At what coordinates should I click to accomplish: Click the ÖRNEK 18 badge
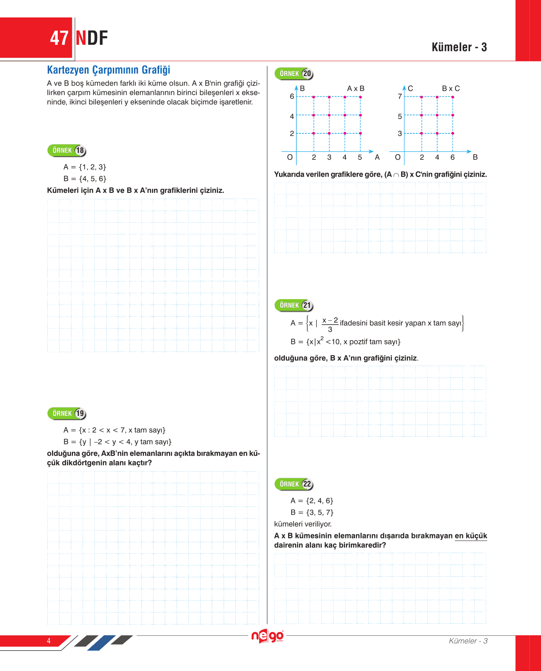(67, 150)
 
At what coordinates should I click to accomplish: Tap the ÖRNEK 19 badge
(67, 413)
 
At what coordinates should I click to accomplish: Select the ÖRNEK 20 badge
(294, 74)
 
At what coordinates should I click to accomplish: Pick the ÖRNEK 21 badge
(294, 305)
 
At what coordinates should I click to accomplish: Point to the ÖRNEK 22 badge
(294, 484)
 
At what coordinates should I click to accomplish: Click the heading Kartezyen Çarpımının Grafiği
(108, 70)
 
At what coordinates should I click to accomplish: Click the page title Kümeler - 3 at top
(459, 47)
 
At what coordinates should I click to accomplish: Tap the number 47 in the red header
(59, 38)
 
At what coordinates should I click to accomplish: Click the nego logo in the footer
(268, 637)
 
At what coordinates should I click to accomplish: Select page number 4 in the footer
(49, 641)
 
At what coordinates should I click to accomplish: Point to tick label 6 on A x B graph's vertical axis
(292, 96)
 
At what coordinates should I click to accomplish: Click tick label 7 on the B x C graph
(400, 96)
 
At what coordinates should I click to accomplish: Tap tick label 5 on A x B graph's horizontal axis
(360, 157)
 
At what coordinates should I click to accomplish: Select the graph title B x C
(451, 88)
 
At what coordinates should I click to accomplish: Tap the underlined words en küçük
(471, 536)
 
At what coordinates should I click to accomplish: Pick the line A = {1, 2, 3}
(85, 167)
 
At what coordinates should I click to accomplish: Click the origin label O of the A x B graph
(290, 157)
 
